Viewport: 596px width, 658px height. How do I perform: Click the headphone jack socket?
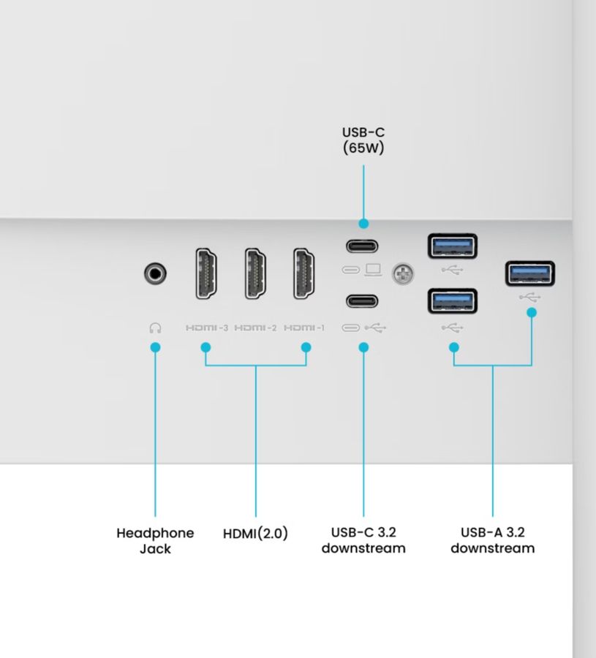tap(155, 273)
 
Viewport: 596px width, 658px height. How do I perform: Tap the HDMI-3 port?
tap(206, 273)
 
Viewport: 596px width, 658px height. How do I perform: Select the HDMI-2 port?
tap(255, 273)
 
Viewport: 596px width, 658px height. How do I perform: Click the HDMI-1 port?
tap(304, 273)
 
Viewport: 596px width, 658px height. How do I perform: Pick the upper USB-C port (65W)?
tap(362, 246)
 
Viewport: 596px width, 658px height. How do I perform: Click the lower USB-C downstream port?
tap(362, 301)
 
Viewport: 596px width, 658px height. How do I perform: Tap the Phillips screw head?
tap(403, 274)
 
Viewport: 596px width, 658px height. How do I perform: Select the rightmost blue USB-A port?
tap(530, 273)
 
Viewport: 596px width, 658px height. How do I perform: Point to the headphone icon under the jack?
tap(155, 328)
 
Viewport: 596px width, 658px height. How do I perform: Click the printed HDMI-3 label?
tap(207, 328)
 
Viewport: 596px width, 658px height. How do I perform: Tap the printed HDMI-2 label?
tap(256, 328)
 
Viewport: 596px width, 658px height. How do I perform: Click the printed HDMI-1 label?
tap(304, 328)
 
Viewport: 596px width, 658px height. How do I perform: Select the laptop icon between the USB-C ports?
tap(373, 270)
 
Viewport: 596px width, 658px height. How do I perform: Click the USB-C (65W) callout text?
tap(363, 140)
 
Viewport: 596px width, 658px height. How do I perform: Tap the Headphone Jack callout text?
tap(155, 541)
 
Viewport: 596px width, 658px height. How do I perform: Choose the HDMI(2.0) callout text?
tap(256, 534)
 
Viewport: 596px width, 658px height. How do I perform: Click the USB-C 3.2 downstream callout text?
tap(363, 540)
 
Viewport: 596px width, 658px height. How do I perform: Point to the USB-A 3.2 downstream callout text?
tap(493, 540)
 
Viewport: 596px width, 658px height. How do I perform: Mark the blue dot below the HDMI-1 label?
tap(306, 347)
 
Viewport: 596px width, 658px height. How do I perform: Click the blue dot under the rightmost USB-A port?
tap(532, 313)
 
